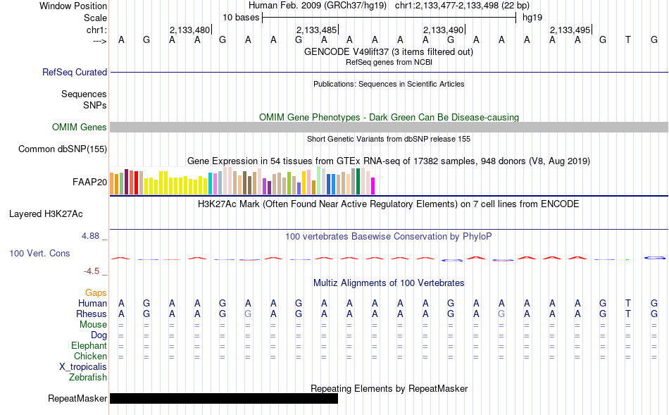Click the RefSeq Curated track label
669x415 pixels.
click(74, 72)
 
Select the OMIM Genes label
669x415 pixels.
click(79, 128)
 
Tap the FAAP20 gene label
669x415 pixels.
click(89, 182)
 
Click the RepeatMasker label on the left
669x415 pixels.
click(77, 398)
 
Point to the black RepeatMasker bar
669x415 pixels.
click(223, 398)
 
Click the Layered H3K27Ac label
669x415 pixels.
click(46, 214)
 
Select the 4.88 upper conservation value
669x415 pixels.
click(90, 236)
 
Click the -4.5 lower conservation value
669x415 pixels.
click(92, 271)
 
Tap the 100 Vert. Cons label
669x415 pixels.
click(39, 253)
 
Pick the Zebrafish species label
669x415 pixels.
click(88, 378)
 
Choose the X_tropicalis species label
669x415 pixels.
click(83, 367)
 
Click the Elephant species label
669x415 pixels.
click(89, 345)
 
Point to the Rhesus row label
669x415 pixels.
click(92, 314)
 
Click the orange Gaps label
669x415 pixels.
click(96, 293)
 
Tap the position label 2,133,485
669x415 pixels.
click(317, 30)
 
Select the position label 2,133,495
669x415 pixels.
click(570, 30)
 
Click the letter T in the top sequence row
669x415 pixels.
click(627, 39)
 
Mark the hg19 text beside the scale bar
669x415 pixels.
click(532, 18)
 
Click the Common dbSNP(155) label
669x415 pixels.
click(62, 149)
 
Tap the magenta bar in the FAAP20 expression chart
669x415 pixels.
click(373, 186)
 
